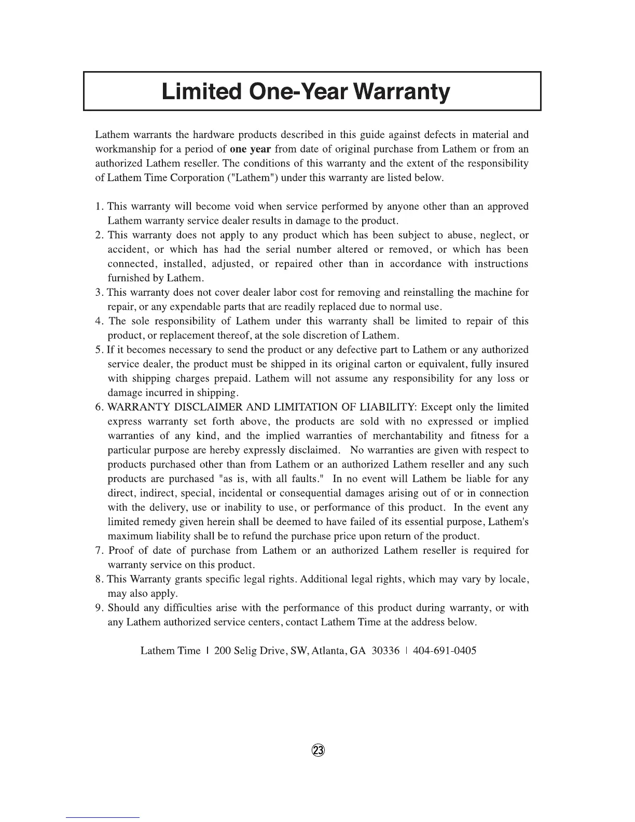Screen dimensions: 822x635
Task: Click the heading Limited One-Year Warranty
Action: pyautogui.click(x=306, y=91)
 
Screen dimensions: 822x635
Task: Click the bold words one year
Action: pyautogui.click(x=251, y=149)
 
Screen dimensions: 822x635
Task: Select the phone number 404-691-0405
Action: pyautogui.click(x=444, y=651)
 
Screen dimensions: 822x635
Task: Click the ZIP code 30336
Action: pyautogui.click(x=383, y=651)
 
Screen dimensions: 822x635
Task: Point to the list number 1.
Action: pyautogui.click(x=99, y=207)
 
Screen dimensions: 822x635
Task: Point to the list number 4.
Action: pyautogui.click(x=99, y=321)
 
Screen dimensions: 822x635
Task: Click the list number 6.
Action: pyautogui.click(x=99, y=407)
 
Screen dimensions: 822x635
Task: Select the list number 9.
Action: pyautogui.click(x=99, y=608)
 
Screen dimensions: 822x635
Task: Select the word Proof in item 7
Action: pyautogui.click(x=121, y=551)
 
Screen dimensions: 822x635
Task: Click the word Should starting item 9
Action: pyautogui.click(x=125, y=608)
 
